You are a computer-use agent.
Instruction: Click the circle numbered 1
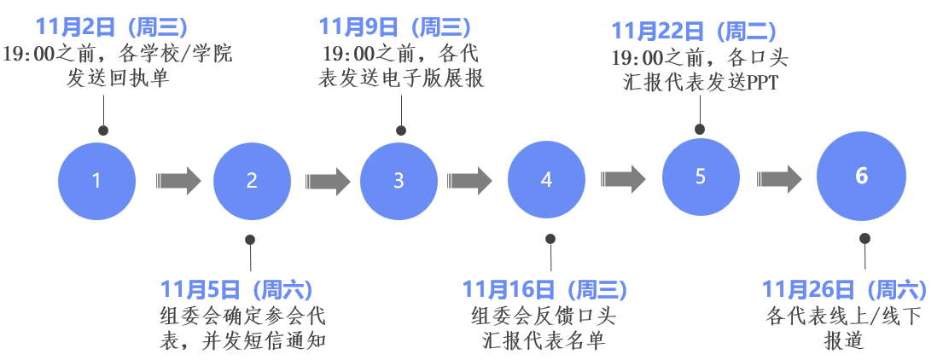click(97, 180)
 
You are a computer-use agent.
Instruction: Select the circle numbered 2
click(252, 180)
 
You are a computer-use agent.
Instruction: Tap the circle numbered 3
click(399, 180)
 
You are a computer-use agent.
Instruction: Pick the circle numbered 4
click(547, 180)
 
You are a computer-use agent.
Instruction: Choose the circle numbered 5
click(701, 176)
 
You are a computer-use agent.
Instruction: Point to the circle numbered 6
click(861, 176)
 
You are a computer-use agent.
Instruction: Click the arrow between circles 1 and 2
click(178, 180)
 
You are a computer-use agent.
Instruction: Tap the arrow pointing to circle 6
click(779, 177)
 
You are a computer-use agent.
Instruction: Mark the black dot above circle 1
click(103, 131)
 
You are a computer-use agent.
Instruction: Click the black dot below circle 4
click(550, 240)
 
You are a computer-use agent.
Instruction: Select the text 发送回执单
click(118, 80)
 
